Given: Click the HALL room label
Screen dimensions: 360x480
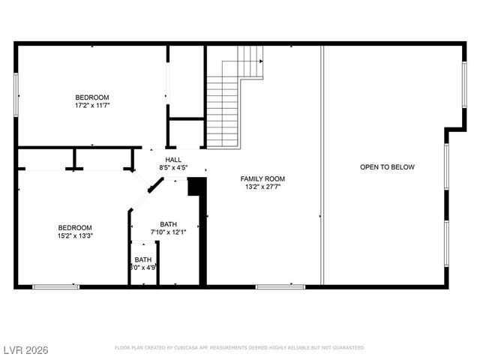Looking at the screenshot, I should [x=173, y=160].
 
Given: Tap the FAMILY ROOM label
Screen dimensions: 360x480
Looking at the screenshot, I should [x=262, y=178].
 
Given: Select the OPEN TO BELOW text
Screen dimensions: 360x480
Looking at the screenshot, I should [x=387, y=167].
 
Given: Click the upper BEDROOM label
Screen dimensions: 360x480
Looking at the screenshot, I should [x=92, y=97].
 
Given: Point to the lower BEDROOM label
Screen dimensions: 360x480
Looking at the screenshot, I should [x=75, y=228].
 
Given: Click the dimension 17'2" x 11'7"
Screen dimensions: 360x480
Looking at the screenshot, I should [x=92, y=106].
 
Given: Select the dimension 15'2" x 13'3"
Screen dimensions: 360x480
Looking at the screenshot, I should [x=75, y=236].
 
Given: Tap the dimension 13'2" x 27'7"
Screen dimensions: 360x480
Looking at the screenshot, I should [x=262, y=187].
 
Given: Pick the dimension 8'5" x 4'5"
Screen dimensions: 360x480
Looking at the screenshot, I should [x=173, y=168].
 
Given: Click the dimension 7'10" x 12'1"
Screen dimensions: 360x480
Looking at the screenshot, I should [x=168, y=232].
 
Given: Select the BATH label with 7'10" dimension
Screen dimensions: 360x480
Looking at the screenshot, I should [x=168, y=224].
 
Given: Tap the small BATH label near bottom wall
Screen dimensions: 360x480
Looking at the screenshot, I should [x=143, y=259].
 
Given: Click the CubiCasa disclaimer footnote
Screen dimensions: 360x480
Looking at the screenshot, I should [x=240, y=348].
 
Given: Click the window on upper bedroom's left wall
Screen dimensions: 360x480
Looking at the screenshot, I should [x=16, y=94].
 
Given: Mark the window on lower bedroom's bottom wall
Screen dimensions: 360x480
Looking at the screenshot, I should [x=55, y=286].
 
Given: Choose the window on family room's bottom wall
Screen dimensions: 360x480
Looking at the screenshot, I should [x=280, y=286].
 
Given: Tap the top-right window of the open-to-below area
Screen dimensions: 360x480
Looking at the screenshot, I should [x=464, y=85].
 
